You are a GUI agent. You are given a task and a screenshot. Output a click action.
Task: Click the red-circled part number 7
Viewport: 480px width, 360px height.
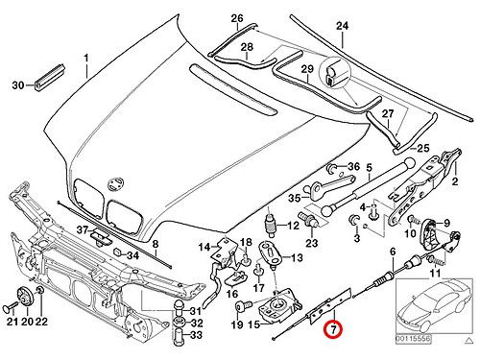(331, 328)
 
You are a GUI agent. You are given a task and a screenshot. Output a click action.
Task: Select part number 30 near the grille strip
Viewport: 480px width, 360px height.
(16, 85)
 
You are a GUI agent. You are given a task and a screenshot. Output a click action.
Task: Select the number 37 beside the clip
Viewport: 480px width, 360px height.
(84, 229)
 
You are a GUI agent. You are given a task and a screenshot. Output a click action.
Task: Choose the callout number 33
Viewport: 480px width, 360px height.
(196, 336)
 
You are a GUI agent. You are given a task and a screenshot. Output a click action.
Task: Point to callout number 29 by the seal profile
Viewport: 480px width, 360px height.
(307, 71)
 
